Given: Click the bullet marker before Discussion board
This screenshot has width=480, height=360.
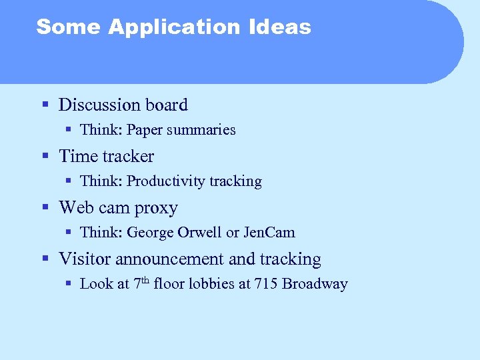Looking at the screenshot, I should (45, 105).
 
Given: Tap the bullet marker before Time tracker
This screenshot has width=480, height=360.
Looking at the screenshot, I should (45, 156).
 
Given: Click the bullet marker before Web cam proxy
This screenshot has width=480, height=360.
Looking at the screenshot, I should (45, 207).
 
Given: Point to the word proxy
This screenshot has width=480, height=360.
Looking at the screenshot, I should (156, 208).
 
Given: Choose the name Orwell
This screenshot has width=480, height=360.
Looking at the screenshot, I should (200, 233).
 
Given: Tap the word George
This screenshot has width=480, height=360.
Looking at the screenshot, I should (150, 233).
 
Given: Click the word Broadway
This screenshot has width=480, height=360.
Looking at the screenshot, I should (315, 284).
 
